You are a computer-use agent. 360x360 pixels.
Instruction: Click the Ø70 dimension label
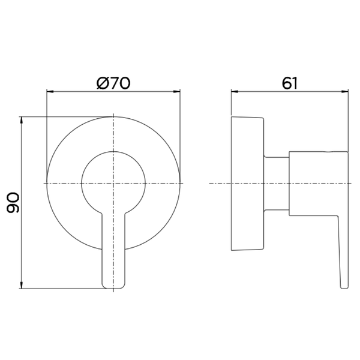click(x=113, y=83)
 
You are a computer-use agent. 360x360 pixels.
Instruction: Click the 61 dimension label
click(x=290, y=83)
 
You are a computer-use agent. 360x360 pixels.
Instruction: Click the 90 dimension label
click(x=13, y=203)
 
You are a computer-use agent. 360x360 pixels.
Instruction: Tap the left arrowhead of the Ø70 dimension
click(x=50, y=92)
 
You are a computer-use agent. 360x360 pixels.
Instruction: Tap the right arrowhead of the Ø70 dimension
click(x=177, y=92)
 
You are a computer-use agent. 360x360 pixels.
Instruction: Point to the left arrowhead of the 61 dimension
click(x=235, y=92)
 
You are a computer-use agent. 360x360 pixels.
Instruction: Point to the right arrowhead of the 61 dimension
click(x=345, y=92)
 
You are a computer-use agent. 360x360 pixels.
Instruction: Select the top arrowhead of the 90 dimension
click(x=22, y=121)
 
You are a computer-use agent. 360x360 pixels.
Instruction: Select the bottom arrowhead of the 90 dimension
click(x=22, y=285)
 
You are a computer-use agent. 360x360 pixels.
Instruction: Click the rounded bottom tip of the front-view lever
click(x=113, y=288)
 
